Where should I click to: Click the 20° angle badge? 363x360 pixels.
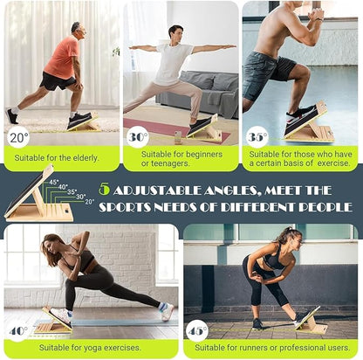tap(18, 137)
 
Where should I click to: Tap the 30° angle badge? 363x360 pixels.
tap(137, 137)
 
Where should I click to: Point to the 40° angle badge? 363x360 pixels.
tap(18, 332)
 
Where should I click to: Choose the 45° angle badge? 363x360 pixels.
tap(198, 332)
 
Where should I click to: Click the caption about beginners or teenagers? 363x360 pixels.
tap(180, 157)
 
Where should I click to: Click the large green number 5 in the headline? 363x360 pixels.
tap(105, 189)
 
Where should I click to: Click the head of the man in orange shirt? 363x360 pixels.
tap(77, 30)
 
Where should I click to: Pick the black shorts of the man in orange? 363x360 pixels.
tap(58, 80)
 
